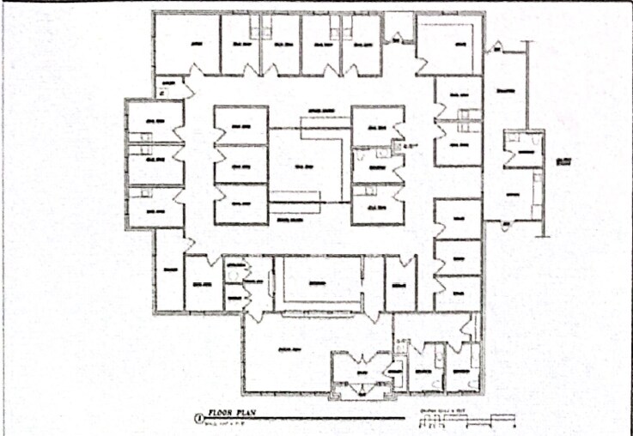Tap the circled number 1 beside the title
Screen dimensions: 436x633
point(199,419)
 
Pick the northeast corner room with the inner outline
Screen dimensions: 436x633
point(451,45)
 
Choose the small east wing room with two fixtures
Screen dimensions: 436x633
point(522,148)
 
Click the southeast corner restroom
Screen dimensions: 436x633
point(462,367)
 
